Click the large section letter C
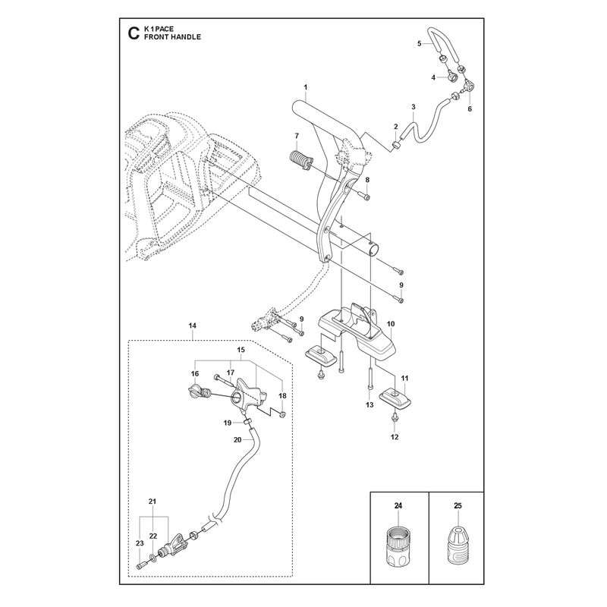tap(134, 33)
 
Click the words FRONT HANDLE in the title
tap(172, 37)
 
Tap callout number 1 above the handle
tap(306, 87)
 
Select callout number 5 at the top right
tap(420, 44)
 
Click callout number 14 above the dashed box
tap(193, 326)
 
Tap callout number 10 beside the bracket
tap(391, 324)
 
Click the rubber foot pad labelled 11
tap(395, 398)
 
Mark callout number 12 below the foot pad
tap(395, 437)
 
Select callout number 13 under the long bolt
tap(370, 404)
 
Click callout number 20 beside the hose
tap(237, 440)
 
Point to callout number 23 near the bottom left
tap(140, 543)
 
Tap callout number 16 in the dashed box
tap(195, 373)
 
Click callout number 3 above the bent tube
tap(414, 107)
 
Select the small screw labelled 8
tap(364, 196)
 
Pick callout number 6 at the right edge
tap(470, 109)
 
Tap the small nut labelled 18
tap(282, 415)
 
